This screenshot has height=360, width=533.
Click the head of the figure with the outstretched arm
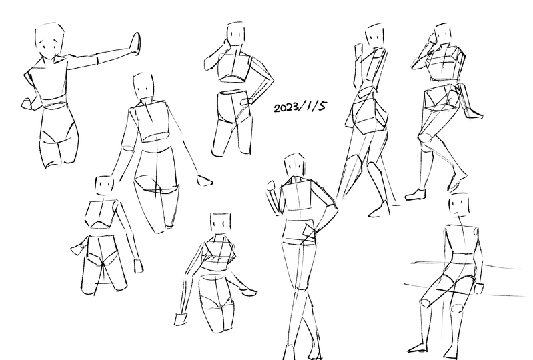tap(50, 41)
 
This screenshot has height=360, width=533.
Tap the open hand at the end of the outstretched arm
tap(136, 43)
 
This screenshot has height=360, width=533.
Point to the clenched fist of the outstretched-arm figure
tap(27, 103)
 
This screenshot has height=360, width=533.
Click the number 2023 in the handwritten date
tap(286, 107)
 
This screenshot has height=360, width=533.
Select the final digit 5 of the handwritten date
tap(322, 105)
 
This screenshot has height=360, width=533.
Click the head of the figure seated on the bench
tap(460, 204)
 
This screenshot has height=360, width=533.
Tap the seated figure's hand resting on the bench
tap(478, 289)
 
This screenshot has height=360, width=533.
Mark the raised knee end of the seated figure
tap(426, 303)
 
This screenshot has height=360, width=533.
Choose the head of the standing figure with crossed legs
tap(294, 165)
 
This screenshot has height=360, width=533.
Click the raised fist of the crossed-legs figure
tap(272, 186)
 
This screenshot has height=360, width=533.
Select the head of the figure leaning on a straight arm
tap(220, 225)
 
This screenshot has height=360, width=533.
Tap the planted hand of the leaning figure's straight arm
tap(181, 319)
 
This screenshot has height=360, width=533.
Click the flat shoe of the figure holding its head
tap(415, 195)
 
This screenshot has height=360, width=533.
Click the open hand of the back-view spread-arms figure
tap(205, 181)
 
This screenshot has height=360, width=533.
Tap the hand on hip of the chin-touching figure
tap(247, 101)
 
